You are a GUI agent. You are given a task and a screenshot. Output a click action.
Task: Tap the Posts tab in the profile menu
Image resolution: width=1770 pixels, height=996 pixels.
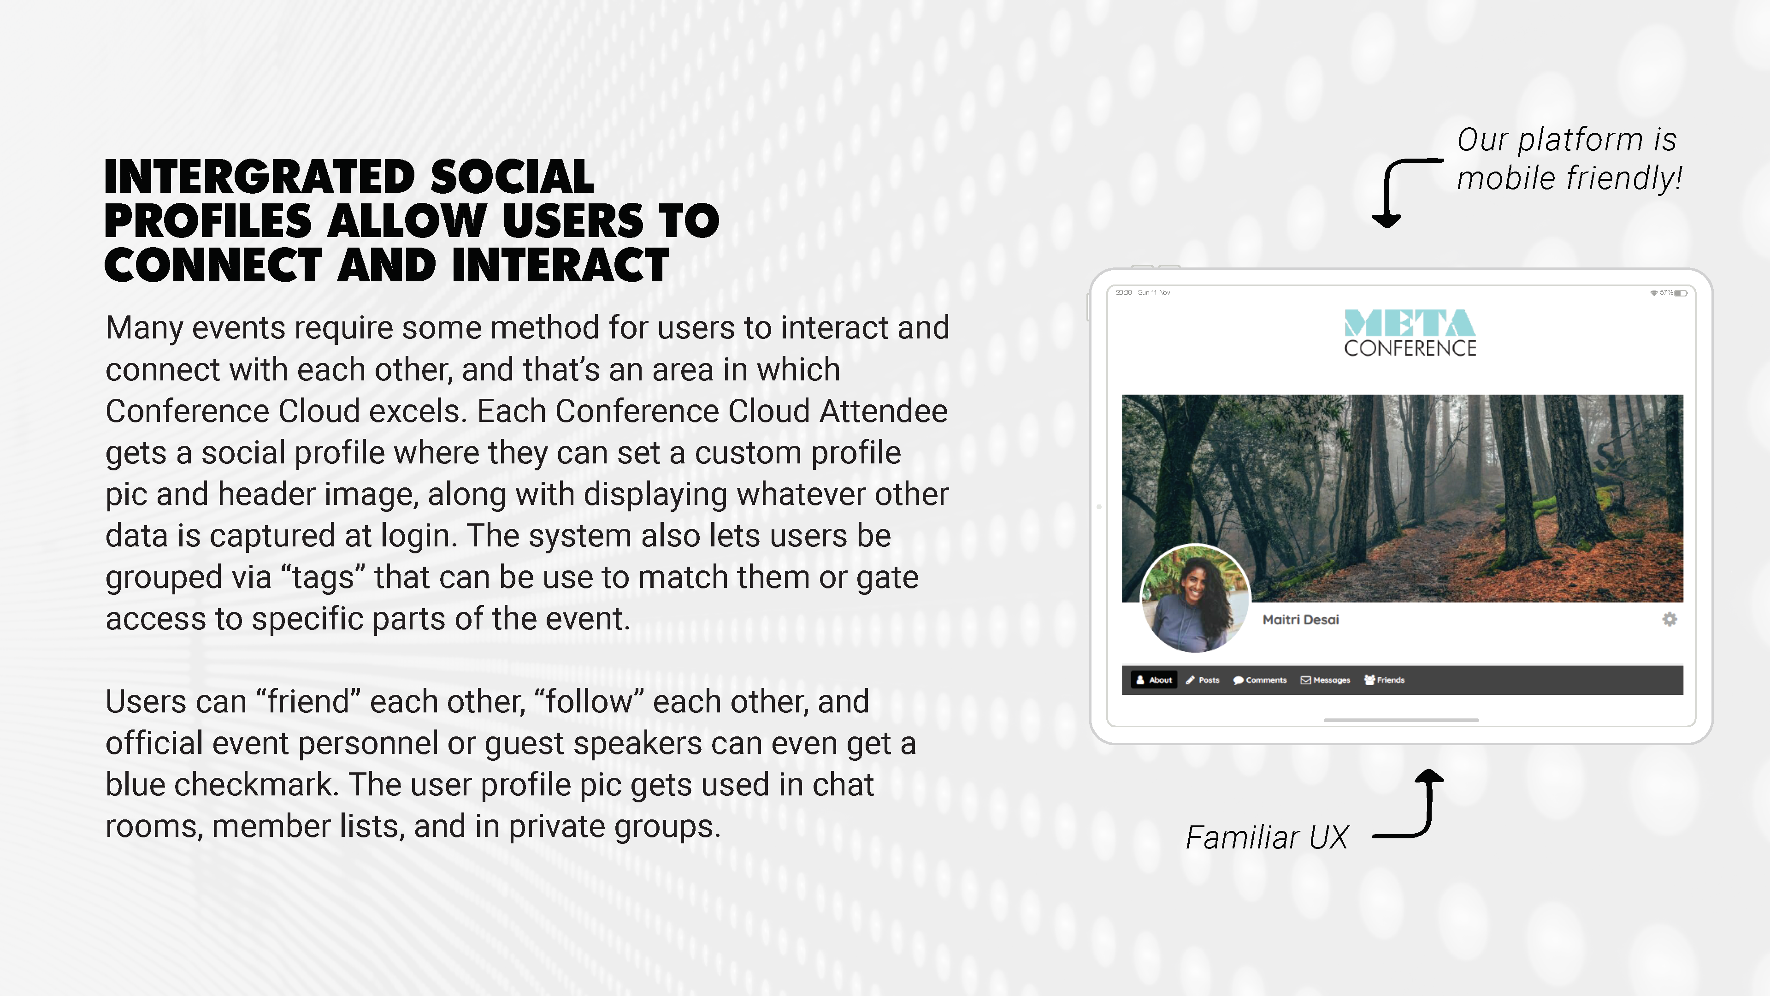(x=1203, y=680)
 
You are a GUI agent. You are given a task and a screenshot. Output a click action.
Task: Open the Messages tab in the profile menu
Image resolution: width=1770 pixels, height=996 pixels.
(x=1326, y=680)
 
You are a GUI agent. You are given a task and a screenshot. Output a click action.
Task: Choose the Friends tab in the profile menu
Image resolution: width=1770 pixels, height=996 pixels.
(x=1385, y=680)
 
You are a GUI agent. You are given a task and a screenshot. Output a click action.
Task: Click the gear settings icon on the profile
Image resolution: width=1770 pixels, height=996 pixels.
(x=1670, y=619)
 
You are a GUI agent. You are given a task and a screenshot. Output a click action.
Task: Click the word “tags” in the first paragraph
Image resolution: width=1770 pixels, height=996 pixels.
(x=323, y=577)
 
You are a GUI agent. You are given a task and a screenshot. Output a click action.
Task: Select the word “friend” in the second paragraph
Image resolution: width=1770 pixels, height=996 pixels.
(x=308, y=702)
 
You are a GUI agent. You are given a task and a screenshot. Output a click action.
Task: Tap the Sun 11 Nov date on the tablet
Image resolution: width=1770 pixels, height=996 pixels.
(x=1154, y=293)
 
